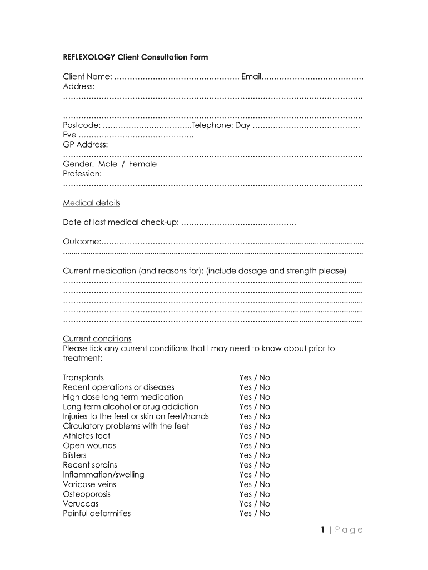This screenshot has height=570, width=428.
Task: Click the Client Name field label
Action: tap(88, 76)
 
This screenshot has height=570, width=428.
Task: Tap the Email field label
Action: tap(251, 76)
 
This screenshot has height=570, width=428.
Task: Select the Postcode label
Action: tap(82, 125)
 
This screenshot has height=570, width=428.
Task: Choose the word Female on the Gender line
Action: tap(143, 164)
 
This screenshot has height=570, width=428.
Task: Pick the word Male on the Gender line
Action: tap(108, 164)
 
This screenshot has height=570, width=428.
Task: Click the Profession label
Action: tap(82, 174)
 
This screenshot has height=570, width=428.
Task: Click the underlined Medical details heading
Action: tap(91, 203)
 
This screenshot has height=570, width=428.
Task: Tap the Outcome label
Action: tap(82, 242)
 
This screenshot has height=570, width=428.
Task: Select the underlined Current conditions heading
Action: tap(97, 338)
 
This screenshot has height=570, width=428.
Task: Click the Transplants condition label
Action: tap(83, 377)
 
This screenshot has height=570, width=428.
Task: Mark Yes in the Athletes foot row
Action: tap(246, 436)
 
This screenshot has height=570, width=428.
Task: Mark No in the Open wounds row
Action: tap(264, 445)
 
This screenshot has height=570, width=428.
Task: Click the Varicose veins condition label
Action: tap(89, 484)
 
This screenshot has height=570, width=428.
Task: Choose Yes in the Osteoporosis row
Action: tap(246, 494)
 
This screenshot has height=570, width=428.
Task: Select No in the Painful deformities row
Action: tap(264, 514)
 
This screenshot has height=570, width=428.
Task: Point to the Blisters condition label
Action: tap(74, 455)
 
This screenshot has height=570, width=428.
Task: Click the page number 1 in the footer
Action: tap(322, 529)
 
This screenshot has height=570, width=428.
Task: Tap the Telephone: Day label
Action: tap(221, 125)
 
